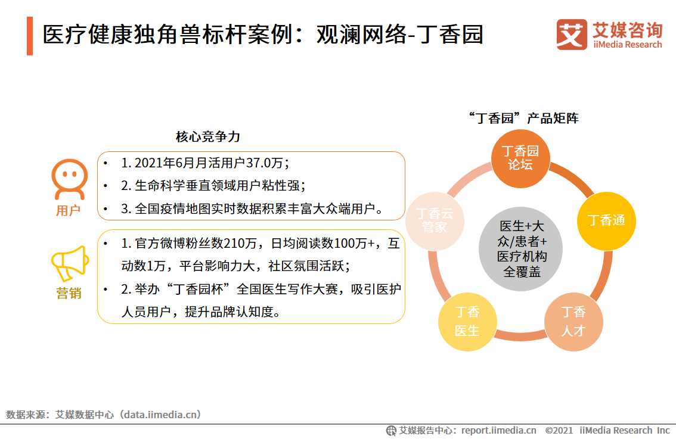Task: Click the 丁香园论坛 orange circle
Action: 520,157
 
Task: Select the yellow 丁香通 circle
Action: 606,220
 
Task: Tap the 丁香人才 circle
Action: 573,321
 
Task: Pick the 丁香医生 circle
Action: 467,321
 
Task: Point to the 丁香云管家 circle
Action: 435,220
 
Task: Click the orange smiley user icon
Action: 69,179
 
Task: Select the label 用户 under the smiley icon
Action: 68,211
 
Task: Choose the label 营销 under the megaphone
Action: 69,294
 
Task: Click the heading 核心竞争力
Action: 207,137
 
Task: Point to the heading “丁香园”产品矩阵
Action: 524,118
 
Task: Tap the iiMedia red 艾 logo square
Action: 572,35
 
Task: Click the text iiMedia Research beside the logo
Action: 627,45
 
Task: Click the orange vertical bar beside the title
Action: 30,36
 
